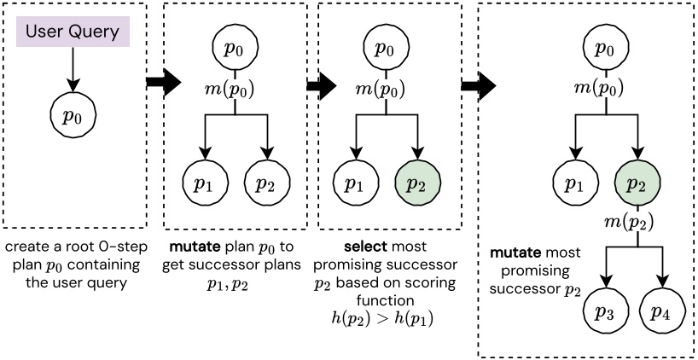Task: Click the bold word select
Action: pos(357,247)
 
